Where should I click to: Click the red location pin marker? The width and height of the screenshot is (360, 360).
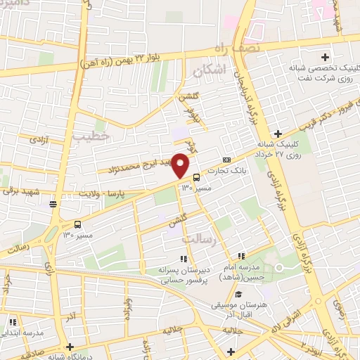pos(181,165)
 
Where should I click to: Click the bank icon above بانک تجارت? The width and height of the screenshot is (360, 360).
pos(226,160)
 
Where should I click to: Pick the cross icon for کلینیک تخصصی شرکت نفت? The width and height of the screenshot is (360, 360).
pos(325,57)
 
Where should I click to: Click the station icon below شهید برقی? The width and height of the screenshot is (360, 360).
pos(53,204)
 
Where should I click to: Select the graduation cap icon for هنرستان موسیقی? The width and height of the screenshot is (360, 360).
pos(238,293)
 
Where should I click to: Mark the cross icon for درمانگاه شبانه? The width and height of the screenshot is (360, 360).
pos(70,346)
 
